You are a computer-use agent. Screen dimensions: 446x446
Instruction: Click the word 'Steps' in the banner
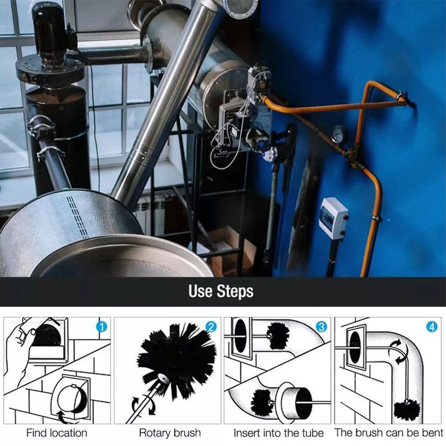[235, 291]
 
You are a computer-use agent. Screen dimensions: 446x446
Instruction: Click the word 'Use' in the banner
[200, 291]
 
